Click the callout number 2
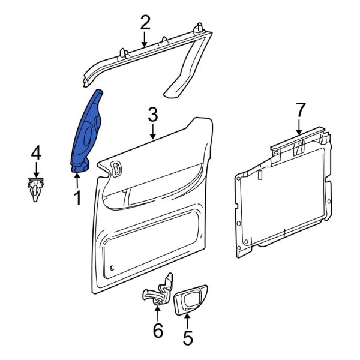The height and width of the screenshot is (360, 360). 145,23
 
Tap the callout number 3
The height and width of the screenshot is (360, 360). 152,114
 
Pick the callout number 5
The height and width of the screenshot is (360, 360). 187,338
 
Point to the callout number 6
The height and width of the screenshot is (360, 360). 157,330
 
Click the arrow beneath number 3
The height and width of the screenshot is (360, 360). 152,131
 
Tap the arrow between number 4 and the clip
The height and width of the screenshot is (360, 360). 36,169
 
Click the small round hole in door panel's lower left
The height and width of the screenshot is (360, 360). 112,266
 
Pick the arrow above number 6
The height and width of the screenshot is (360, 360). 157,312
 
